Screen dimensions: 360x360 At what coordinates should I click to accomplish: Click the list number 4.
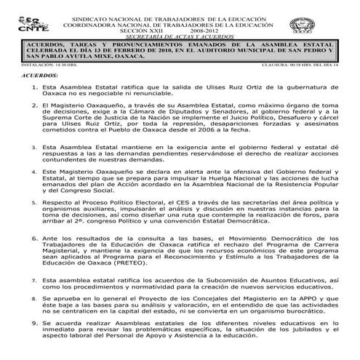point(25,172)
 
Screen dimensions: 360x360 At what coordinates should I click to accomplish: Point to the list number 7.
point(25,279)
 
